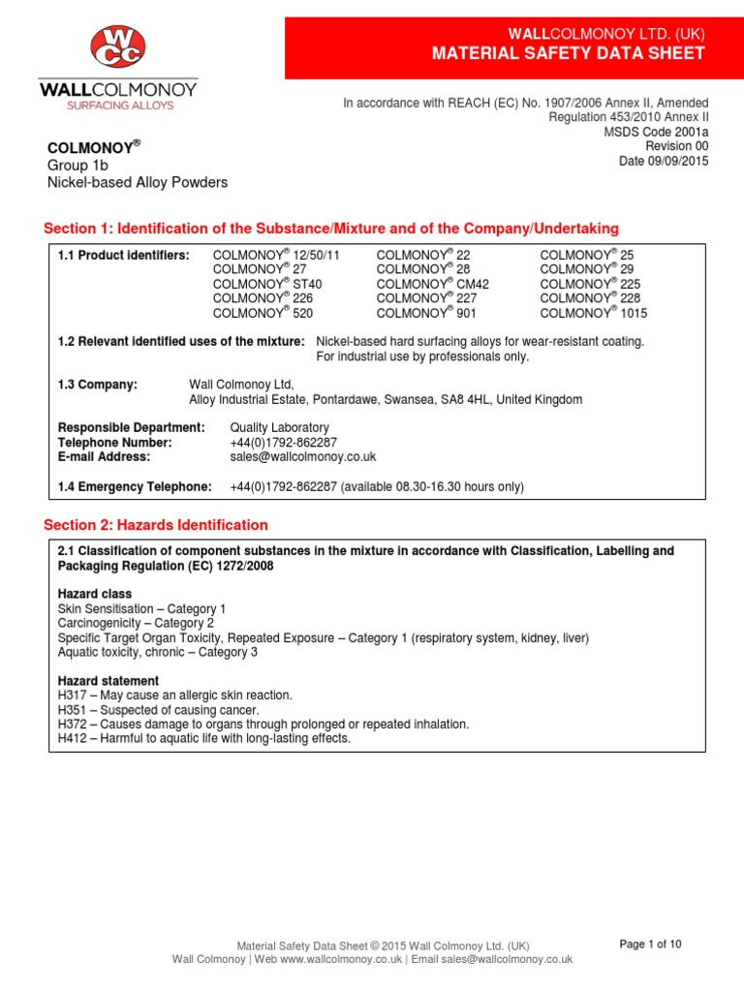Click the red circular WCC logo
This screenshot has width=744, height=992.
[x=117, y=46]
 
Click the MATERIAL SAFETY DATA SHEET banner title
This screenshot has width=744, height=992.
[x=569, y=53]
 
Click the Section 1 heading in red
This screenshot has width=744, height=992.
[x=331, y=229]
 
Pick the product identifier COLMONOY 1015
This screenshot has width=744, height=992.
[x=593, y=313]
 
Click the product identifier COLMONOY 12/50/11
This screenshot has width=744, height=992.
[x=276, y=255]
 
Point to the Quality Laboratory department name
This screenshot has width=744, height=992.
[x=279, y=427]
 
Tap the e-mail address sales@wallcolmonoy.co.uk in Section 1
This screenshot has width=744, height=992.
[x=302, y=456]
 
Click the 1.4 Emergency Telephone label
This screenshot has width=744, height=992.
[x=135, y=485]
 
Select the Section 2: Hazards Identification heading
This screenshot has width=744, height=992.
[x=156, y=525]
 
